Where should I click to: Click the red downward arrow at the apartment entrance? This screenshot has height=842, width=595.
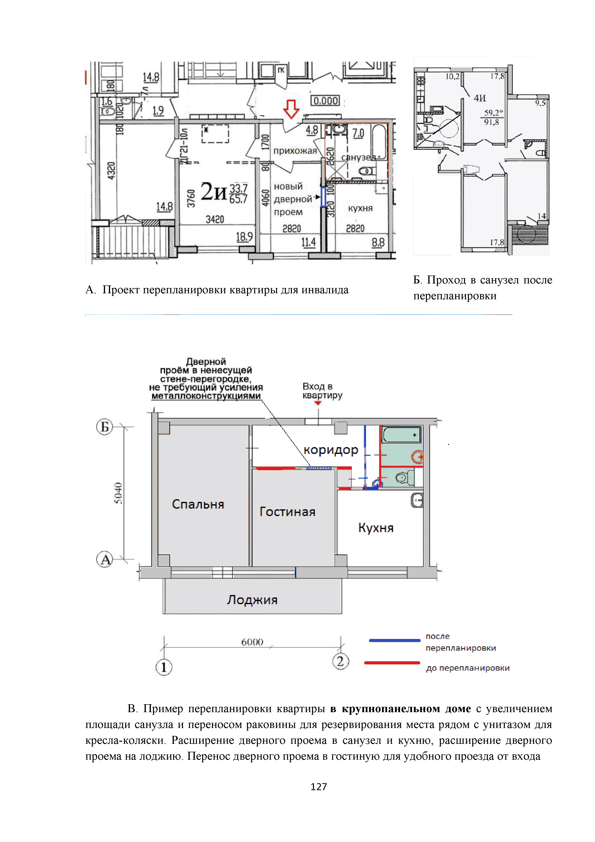pos(291,109)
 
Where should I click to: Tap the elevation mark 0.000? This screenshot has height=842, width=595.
pos(325,101)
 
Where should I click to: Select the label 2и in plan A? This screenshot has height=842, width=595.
pos(214,192)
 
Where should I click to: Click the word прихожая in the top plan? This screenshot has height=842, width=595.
pos(295,151)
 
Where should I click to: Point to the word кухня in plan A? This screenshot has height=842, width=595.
pos(360,208)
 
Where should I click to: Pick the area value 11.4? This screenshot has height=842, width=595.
pos(308,242)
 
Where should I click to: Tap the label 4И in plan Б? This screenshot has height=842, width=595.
pos(480,98)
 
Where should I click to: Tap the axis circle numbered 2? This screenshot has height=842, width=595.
pos(340,662)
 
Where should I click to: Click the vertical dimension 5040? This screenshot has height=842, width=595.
pos(118,493)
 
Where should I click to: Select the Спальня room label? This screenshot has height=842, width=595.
pos(198,505)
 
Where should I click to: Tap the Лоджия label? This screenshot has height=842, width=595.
pos(252,600)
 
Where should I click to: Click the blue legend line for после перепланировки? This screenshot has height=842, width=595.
pos(395,640)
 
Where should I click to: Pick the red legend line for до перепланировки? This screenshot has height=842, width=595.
pos(392,663)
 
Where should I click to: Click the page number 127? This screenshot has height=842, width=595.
pos(318,787)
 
